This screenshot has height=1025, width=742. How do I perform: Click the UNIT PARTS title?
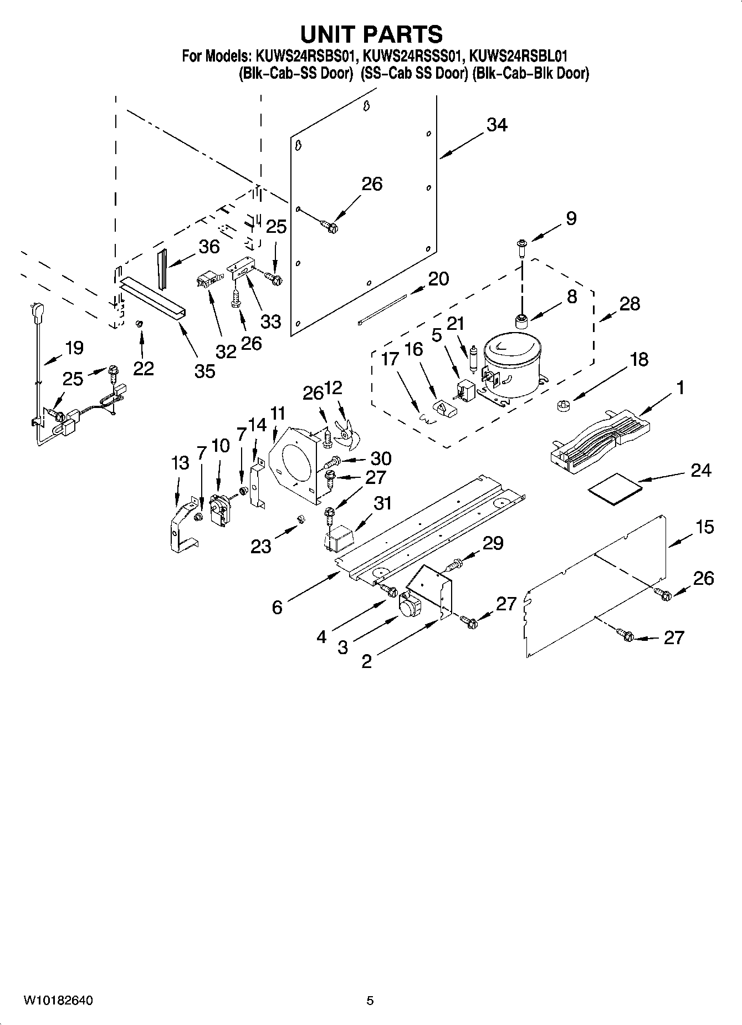pos(371,34)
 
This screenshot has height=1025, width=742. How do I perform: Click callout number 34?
pos(497,125)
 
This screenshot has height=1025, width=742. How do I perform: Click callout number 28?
pos(630,304)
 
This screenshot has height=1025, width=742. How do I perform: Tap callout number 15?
pos(704,527)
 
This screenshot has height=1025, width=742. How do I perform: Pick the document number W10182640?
pos(58,1001)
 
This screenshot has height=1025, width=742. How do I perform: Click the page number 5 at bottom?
pos(370,1001)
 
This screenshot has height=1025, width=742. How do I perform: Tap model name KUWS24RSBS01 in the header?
pos(305,56)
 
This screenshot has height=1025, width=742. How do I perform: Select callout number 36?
pos(209,247)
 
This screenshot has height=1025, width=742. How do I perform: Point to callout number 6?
pos(277,607)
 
